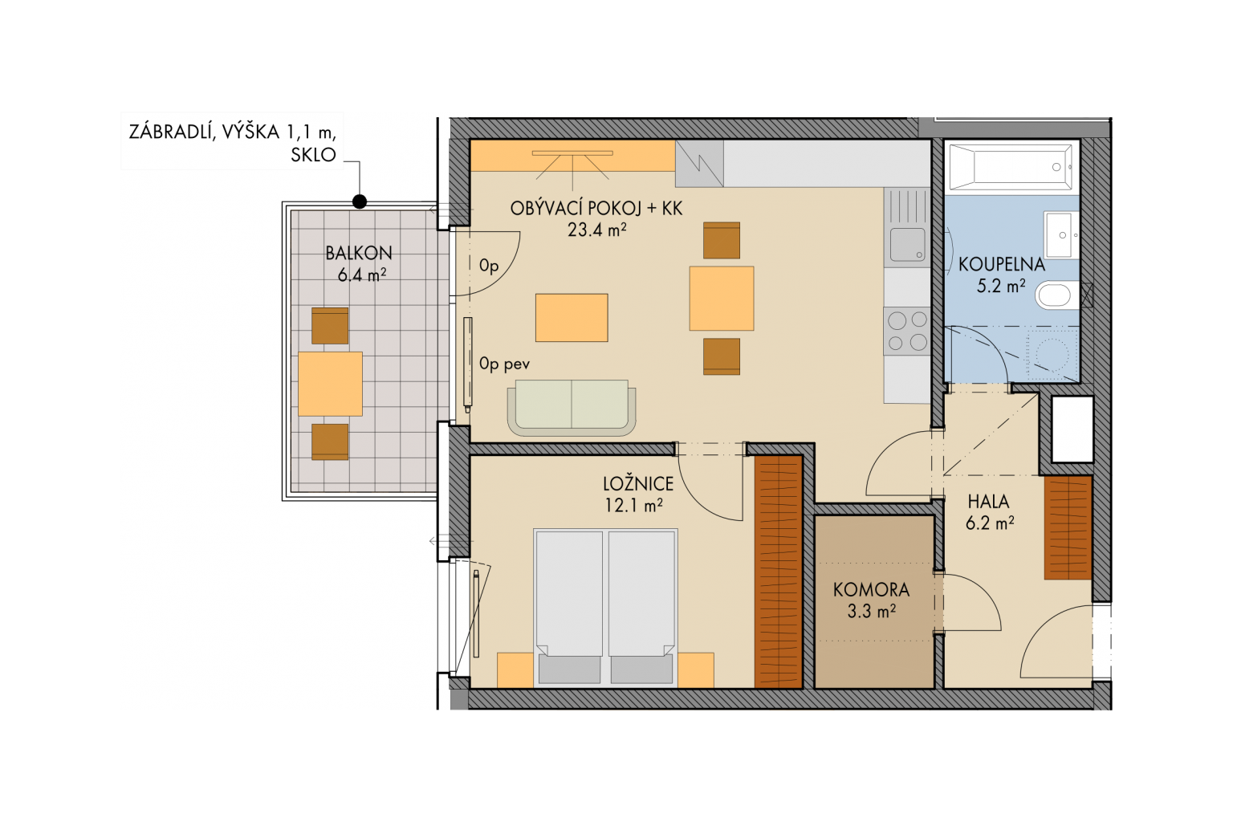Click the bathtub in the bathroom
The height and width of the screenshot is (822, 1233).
coord(1011,167)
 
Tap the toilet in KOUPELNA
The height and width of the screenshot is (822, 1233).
coord(1057,295)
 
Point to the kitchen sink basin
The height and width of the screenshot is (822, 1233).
coord(907,244)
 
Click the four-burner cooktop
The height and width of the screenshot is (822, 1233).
coord(906,331)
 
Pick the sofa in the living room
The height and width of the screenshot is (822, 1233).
coord(572,408)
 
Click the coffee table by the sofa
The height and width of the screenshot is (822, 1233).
coord(572,318)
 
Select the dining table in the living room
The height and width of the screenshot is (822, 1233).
coord(721,299)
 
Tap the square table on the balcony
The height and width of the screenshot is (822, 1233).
coord(330,384)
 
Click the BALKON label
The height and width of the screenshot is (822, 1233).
coord(358,253)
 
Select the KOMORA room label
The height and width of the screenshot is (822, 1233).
coord(871,590)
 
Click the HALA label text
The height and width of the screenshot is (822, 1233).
coord(989,502)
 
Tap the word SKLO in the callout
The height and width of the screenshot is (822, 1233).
coord(313,155)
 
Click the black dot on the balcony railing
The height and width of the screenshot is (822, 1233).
coord(360,202)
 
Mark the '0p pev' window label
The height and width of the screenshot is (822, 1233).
coord(504,364)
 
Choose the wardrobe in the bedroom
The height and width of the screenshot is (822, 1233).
coord(778,572)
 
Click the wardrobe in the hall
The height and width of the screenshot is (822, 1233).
coord(1068,527)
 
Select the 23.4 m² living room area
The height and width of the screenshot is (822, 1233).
coord(596,230)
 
